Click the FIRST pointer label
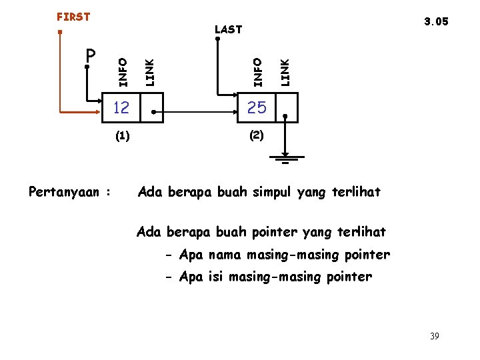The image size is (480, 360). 73,17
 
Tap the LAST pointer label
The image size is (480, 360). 228,29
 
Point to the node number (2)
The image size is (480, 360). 257,135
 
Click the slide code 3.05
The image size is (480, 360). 436,21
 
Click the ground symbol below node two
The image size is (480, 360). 285,159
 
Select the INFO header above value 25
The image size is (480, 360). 257,72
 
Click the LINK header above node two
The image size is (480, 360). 285,72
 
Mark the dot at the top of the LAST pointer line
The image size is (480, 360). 218,39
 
